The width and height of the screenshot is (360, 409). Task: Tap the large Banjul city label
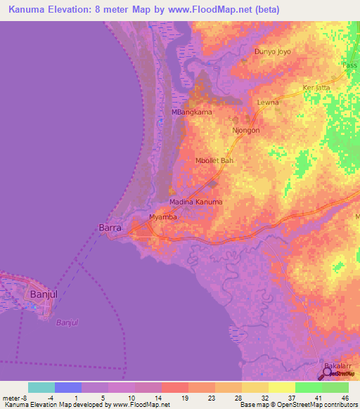(42, 294)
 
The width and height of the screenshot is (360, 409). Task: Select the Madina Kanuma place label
(195, 202)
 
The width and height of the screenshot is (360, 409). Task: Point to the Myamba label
(164, 217)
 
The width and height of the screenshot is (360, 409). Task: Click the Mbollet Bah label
(214, 161)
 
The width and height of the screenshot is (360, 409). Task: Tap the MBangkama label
(192, 112)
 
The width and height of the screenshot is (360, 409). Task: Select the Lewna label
(268, 103)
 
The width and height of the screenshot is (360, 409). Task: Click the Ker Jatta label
(316, 88)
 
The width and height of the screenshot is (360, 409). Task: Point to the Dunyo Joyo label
(272, 52)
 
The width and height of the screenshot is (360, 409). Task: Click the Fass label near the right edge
(349, 65)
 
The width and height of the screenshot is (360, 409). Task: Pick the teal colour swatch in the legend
(41, 387)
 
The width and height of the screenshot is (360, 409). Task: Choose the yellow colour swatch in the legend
(282, 387)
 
